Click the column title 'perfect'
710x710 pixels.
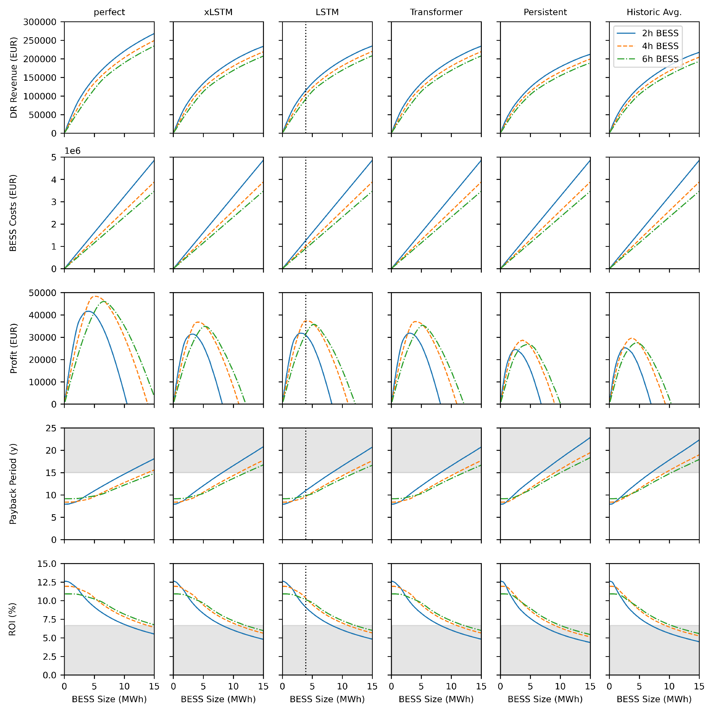[109, 12]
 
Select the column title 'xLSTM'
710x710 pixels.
[218, 12]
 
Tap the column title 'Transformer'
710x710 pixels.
[436, 12]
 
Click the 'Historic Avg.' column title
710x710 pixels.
[654, 12]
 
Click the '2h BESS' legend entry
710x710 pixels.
[660, 33]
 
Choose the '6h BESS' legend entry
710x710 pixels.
[660, 59]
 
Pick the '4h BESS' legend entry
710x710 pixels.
[660, 46]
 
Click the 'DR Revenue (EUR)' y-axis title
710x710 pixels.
[14, 77]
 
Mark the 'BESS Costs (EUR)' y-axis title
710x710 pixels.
[14, 213]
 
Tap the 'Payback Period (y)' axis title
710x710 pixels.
[14, 484]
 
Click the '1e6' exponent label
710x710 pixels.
[73, 151]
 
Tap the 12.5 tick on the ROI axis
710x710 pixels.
[47, 582]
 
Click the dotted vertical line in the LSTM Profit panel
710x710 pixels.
[306, 368]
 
